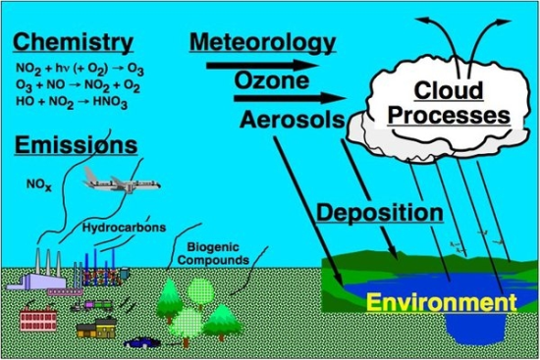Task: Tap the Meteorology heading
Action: click(261, 43)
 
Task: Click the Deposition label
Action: click(379, 212)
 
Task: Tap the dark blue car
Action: click(141, 343)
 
